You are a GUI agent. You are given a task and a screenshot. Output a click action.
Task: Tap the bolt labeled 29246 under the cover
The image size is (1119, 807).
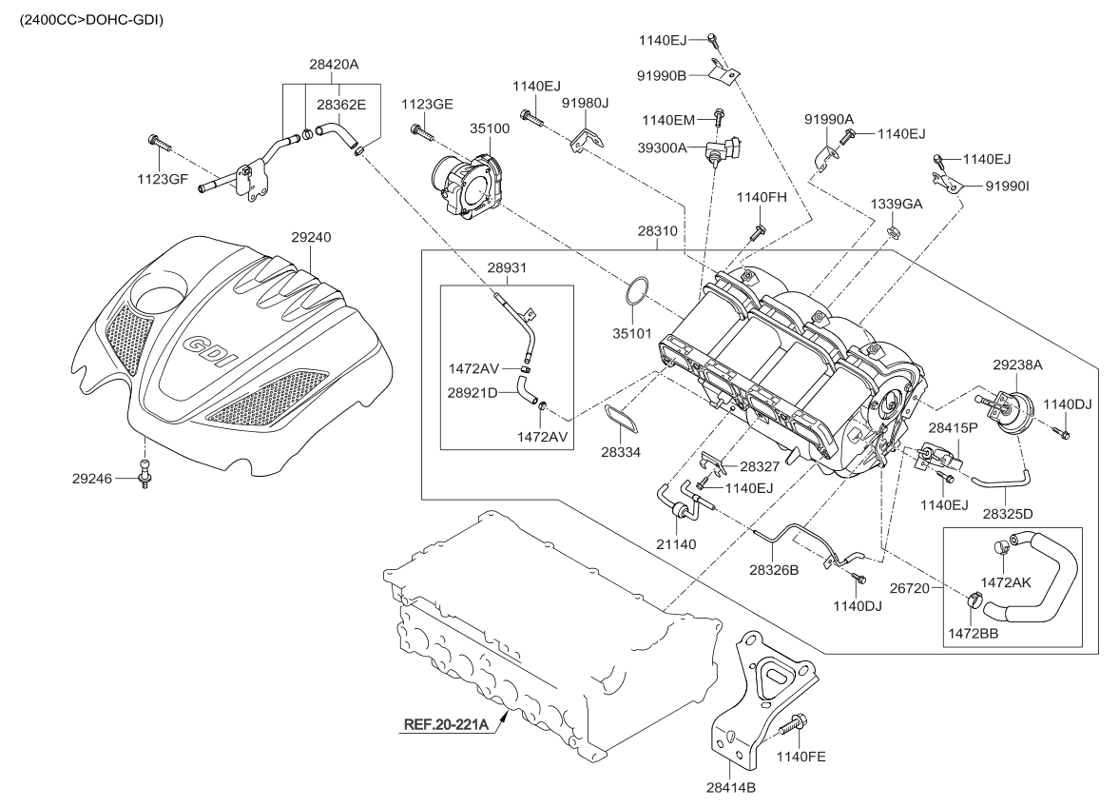point(145,473)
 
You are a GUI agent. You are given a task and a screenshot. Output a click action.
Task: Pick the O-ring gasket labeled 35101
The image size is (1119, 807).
point(639,293)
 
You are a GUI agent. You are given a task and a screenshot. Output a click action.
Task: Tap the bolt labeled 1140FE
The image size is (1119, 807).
point(789,729)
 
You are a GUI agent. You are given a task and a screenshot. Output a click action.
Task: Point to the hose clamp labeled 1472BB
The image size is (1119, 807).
point(974,601)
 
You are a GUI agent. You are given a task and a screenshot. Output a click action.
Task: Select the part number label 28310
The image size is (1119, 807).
point(661,231)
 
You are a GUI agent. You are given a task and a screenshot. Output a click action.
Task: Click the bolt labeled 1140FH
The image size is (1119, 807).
point(759,229)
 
